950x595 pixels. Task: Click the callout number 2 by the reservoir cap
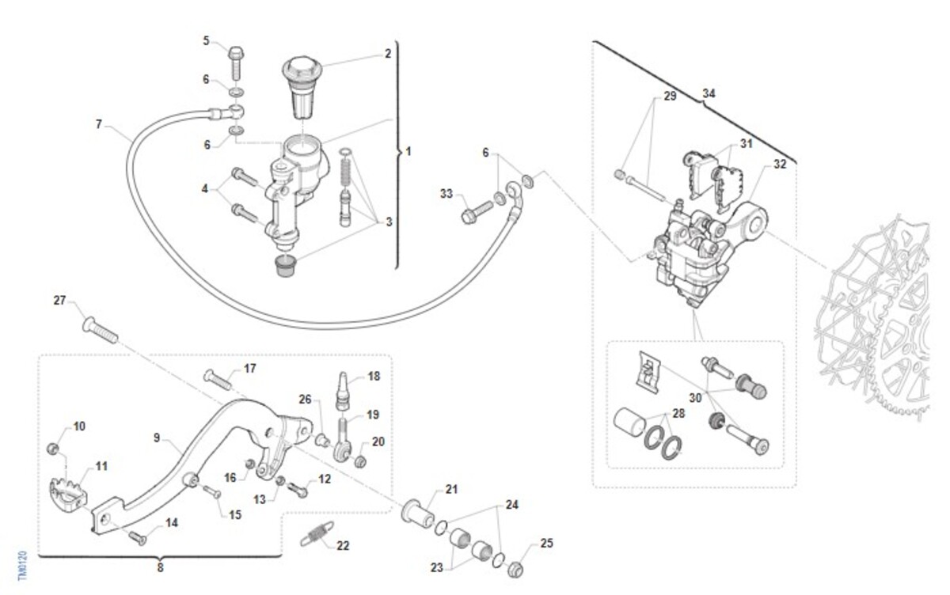(x=388, y=54)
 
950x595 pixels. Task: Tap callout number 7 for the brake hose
(x=99, y=124)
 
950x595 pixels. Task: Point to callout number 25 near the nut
(x=547, y=544)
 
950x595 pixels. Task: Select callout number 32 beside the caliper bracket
(x=780, y=165)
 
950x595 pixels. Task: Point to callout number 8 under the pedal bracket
(x=160, y=567)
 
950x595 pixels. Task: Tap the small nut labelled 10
(x=54, y=449)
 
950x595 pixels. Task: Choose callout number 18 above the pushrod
(x=374, y=377)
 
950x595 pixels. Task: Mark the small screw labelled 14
(x=138, y=538)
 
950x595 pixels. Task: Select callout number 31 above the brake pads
(x=747, y=143)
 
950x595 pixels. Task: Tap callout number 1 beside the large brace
(x=408, y=150)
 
